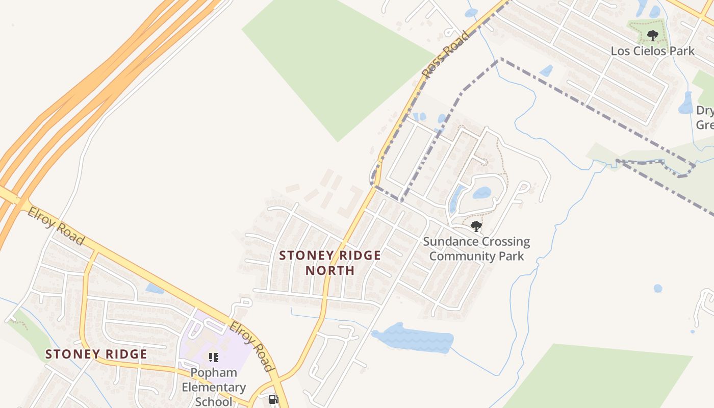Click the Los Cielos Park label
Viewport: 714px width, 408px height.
(x=653, y=51)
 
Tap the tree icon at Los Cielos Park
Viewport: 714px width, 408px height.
(x=652, y=36)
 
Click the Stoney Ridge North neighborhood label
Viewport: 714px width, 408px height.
(x=330, y=263)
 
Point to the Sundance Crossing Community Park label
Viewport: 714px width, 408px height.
(x=476, y=248)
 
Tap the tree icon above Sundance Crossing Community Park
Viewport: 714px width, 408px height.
(x=476, y=226)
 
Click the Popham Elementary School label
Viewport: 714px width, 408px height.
(x=214, y=387)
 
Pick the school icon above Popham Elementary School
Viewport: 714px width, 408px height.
(x=213, y=357)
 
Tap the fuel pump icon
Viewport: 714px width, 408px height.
(x=274, y=399)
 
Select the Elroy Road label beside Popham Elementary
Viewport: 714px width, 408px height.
(x=251, y=346)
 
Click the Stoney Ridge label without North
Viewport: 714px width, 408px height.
(x=96, y=354)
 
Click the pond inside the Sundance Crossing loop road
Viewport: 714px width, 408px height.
(x=481, y=193)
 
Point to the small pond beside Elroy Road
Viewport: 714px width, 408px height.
(x=154, y=289)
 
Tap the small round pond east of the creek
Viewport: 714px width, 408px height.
(x=658, y=288)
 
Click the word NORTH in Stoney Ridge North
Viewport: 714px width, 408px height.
(x=330, y=270)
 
